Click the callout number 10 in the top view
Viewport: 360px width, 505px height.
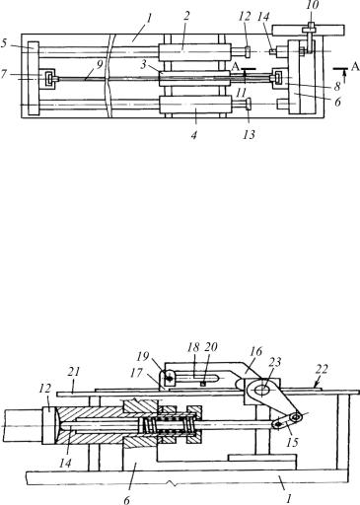point(311,6)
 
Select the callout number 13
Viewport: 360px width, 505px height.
point(249,134)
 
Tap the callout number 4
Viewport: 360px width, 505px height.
point(193,135)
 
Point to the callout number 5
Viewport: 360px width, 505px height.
point(3,43)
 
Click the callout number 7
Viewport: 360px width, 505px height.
point(3,75)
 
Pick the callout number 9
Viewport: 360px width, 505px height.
point(100,63)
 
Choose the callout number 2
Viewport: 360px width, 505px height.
point(186,17)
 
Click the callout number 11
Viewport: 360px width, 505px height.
point(241,93)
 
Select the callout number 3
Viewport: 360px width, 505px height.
point(143,64)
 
